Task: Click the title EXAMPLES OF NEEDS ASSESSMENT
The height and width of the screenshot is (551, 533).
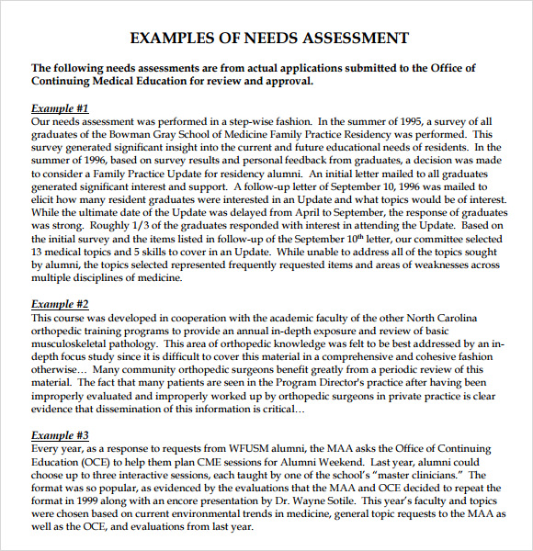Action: tap(269, 38)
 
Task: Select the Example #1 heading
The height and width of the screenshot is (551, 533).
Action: tap(60, 107)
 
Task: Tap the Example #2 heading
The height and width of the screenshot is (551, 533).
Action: tap(60, 304)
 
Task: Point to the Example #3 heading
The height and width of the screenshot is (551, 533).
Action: tap(60, 434)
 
